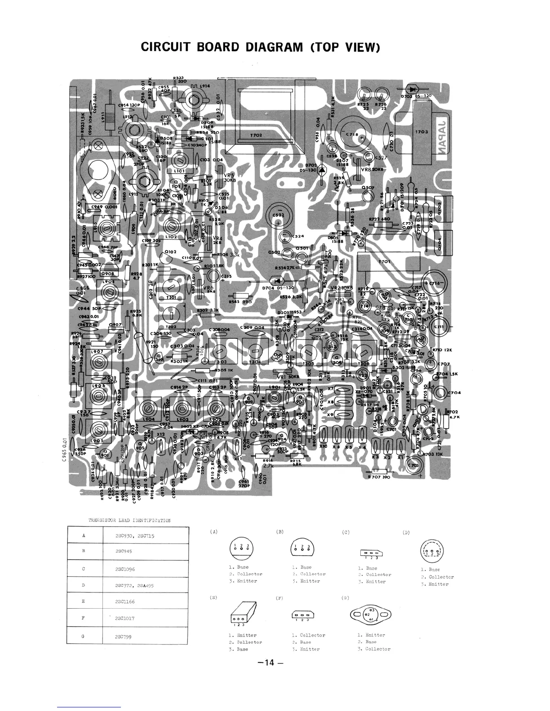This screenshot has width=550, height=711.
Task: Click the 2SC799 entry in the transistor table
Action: click(124, 636)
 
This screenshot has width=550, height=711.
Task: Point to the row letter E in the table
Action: click(84, 601)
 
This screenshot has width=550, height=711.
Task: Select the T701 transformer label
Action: click(385, 261)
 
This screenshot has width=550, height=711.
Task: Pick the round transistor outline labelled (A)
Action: click(241, 548)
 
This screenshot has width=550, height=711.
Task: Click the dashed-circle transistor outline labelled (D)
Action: click(430, 549)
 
